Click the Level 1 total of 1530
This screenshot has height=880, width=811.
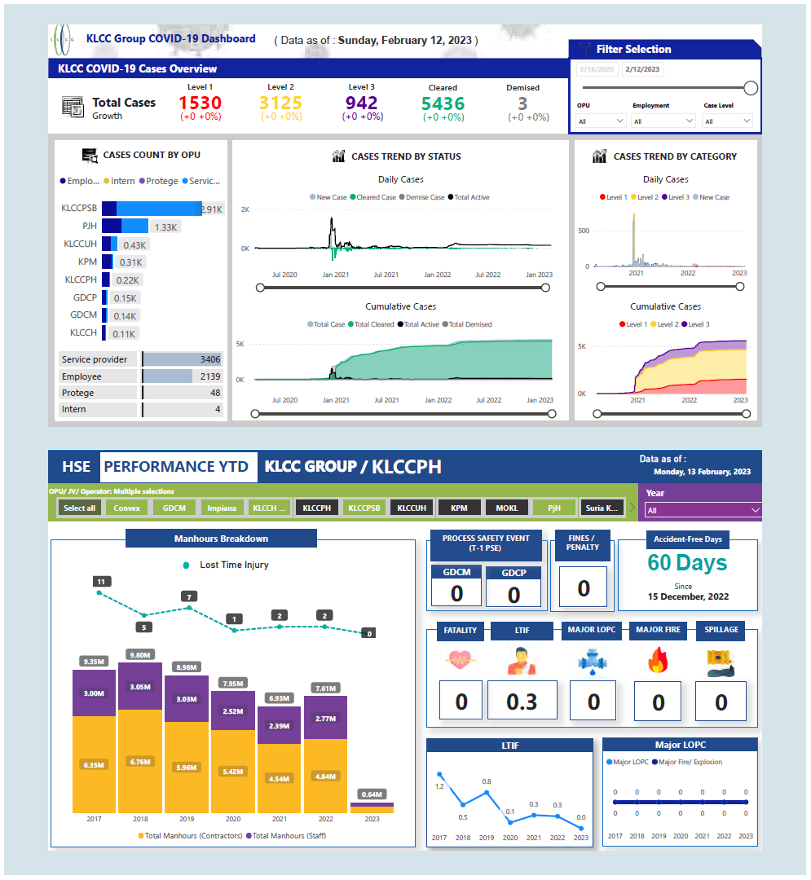(x=200, y=103)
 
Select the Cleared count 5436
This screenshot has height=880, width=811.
(x=443, y=104)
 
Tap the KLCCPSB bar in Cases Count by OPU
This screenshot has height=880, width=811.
(x=152, y=209)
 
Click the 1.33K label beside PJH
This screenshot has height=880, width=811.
(x=165, y=227)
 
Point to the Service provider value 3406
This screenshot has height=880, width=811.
(x=209, y=359)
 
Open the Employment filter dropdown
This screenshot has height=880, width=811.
(x=663, y=121)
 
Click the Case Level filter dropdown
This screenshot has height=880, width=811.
(x=728, y=121)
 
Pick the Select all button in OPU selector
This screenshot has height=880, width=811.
(x=79, y=508)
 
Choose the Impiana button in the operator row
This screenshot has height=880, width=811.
(x=222, y=508)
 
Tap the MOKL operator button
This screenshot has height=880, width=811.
(x=507, y=508)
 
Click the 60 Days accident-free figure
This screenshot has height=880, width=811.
(x=687, y=563)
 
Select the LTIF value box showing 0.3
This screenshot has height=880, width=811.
(x=522, y=702)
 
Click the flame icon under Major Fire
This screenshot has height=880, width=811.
(x=658, y=660)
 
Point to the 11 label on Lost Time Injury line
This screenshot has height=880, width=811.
(x=100, y=582)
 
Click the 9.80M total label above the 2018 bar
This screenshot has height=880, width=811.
(x=140, y=653)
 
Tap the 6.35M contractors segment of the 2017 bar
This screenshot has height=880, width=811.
(x=94, y=765)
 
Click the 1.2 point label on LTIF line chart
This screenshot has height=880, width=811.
(x=439, y=786)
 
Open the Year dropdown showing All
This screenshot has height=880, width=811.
(x=702, y=511)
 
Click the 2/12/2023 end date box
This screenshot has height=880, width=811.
(x=642, y=69)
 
